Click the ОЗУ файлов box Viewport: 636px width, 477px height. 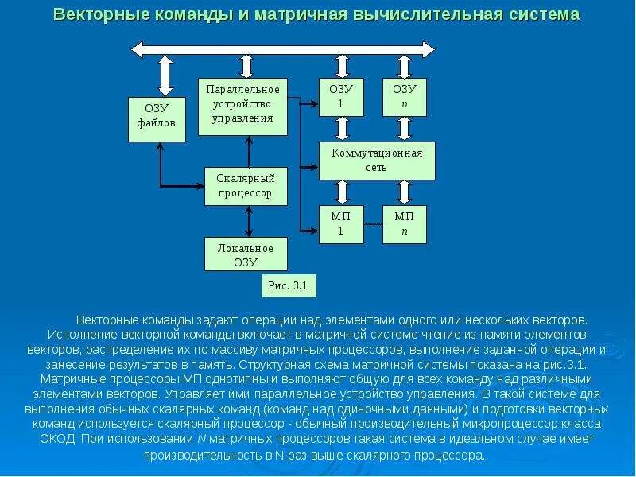coord(157,119)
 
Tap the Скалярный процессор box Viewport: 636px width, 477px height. coord(246,186)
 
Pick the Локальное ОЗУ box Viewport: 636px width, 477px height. coord(246,254)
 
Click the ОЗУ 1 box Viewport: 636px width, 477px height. coord(341,97)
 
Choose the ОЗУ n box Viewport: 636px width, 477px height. coord(404,97)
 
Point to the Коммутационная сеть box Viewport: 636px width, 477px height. coord(377,161)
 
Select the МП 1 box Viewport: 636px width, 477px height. coord(341,224)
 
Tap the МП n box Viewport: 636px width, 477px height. coord(404,224)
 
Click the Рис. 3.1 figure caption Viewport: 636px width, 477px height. coord(281,285)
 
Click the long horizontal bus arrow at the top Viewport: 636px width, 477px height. coord(283,48)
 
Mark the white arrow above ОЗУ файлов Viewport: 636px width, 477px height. coord(165,76)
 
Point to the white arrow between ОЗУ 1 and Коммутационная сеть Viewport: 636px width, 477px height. coord(342,129)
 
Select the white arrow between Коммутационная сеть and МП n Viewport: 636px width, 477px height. coord(404,192)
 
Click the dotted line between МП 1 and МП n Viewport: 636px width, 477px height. coord(373,225)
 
